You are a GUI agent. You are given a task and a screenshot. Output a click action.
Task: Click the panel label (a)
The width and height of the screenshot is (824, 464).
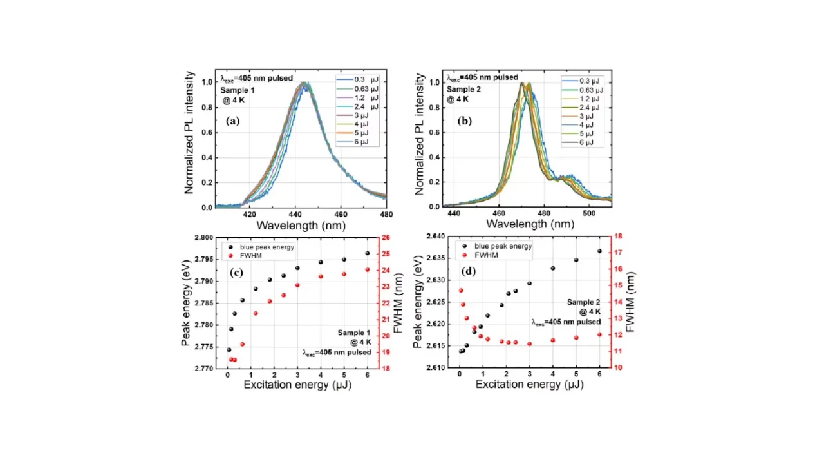pyautogui.click(x=233, y=121)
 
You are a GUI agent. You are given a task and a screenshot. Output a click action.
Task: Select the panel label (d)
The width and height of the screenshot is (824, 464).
pyautogui.click(x=469, y=271)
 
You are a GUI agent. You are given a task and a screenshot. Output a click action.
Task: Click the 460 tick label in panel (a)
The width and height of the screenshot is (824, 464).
pyautogui.click(x=341, y=215)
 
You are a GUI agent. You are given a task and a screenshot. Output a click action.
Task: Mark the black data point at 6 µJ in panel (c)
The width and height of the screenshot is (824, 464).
pyautogui.click(x=368, y=253)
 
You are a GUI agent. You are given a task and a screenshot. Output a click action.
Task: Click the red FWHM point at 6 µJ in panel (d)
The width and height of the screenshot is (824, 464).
pyautogui.click(x=599, y=334)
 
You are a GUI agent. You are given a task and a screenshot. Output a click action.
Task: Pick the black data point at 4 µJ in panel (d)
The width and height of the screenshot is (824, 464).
pyautogui.click(x=552, y=268)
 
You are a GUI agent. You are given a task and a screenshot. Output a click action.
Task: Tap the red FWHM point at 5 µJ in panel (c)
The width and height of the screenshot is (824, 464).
pyautogui.click(x=344, y=274)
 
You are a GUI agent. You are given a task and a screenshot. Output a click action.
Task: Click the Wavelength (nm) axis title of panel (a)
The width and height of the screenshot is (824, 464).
pyautogui.click(x=301, y=226)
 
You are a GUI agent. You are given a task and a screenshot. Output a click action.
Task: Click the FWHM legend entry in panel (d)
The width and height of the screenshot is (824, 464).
pyautogui.click(x=487, y=255)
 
